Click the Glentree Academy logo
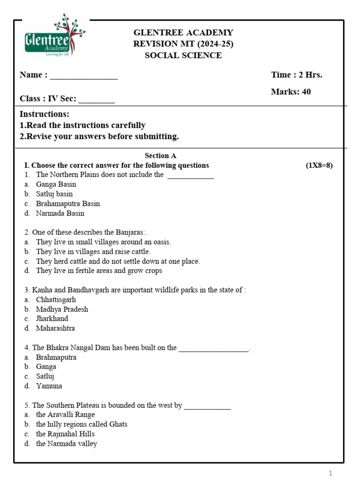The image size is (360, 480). click(55, 36)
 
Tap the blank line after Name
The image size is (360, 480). click(83, 78)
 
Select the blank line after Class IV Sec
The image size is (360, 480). click(97, 101)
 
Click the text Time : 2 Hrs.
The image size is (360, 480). click(296, 75)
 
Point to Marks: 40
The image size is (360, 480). click(291, 92)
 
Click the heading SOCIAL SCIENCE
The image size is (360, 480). click(183, 55)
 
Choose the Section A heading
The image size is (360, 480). click(160, 156)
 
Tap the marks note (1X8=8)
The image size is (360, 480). click(319, 165)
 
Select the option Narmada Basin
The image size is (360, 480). click(60, 213)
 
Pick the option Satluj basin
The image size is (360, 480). click(54, 194)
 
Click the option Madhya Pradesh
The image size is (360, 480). click(62, 309)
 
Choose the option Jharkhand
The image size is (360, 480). click(52, 319)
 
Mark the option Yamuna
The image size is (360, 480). click(49, 386)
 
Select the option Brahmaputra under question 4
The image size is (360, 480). click(56, 357)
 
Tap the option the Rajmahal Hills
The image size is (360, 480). click(65, 434)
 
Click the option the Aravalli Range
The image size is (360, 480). click(65, 415)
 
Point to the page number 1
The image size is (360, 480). click(330, 473)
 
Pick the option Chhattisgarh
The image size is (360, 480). click(56, 300)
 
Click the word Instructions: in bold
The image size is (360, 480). click(45, 114)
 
